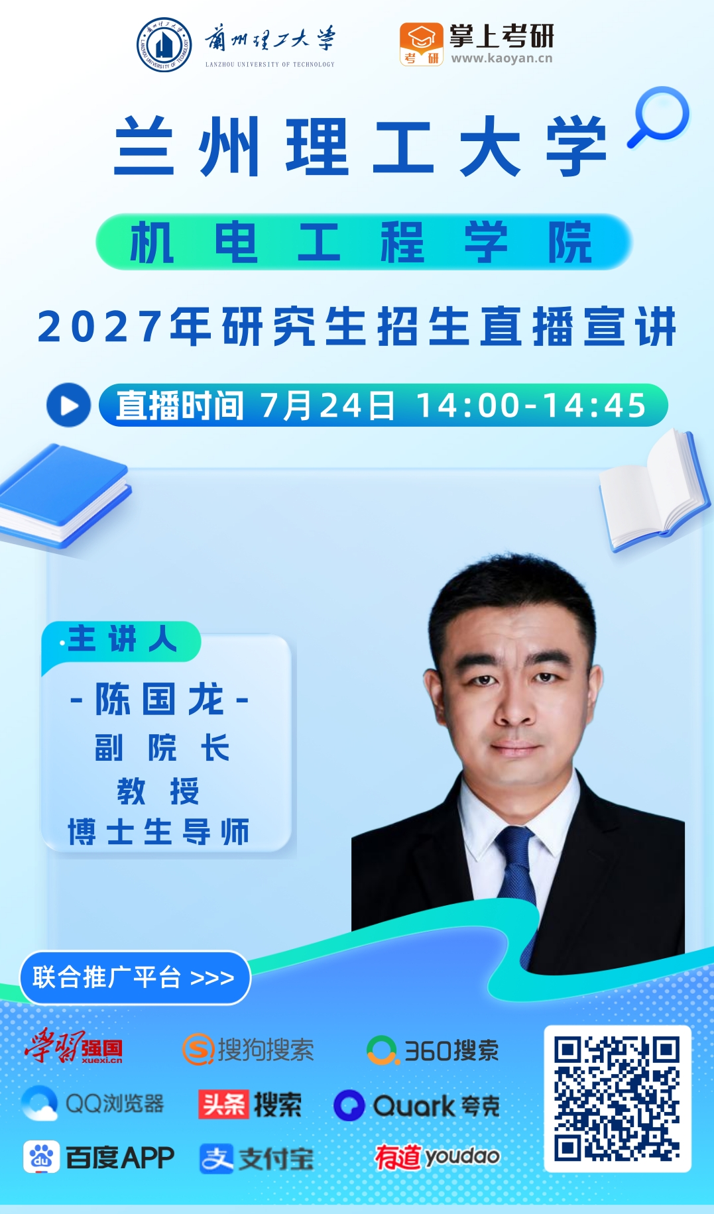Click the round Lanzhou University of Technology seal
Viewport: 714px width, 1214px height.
tap(164, 44)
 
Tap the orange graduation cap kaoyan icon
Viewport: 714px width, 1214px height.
tap(421, 44)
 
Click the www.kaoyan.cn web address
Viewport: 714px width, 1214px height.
tap(502, 58)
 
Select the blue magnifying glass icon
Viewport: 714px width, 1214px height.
tap(659, 117)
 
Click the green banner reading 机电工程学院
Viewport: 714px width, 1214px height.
tap(364, 242)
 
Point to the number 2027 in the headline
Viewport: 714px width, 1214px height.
tap(100, 327)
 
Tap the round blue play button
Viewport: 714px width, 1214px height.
tap(68, 405)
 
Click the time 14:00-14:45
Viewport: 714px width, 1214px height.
tap(531, 405)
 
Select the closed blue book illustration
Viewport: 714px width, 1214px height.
tap(65, 496)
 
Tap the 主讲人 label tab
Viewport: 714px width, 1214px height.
tap(121, 640)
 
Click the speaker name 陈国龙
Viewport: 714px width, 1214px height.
tap(159, 699)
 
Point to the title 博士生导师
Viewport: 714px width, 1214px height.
tap(158, 832)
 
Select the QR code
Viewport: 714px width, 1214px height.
tap(617, 1098)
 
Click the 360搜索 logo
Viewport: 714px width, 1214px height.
tap(432, 1050)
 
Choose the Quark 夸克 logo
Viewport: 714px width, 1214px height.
tap(416, 1105)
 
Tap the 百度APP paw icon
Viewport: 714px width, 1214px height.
tap(41, 1157)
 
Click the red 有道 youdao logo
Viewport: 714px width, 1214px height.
tap(437, 1156)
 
